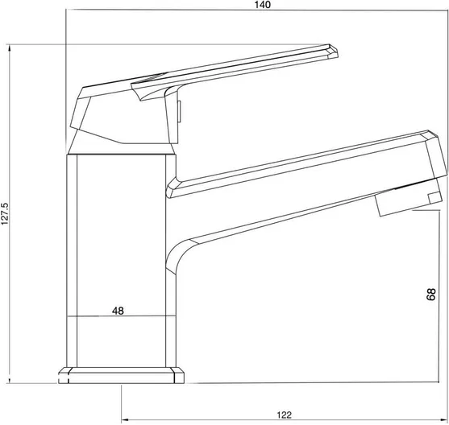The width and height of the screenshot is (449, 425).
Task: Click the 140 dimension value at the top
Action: pos(262,5)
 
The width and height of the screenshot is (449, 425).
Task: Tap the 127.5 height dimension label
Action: pos(5,213)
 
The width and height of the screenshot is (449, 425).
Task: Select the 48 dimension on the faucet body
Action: pos(118,311)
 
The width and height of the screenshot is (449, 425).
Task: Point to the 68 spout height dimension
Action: pos(430,295)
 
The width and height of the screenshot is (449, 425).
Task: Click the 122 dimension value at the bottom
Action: pos(284,415)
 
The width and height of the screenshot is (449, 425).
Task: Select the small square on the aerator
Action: pos(435,198)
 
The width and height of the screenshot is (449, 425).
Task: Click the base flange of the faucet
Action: pos(121,375)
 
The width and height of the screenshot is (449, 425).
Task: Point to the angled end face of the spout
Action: pos(436,155)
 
